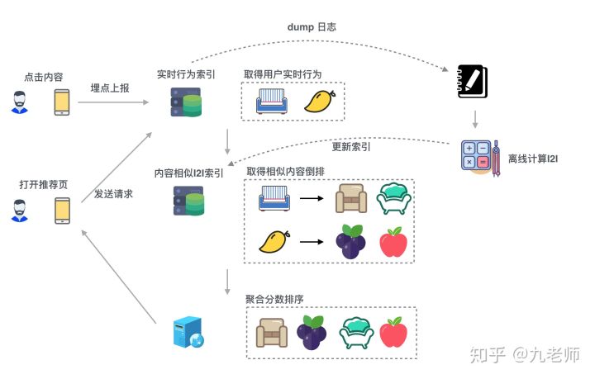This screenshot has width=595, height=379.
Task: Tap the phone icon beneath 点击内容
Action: [x=62, y=102]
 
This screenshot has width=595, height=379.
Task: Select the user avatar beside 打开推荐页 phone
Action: [x=20, y=211]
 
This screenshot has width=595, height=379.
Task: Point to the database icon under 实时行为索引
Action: [x=186, y=102]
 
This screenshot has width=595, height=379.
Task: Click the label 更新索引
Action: [x=350, y=147]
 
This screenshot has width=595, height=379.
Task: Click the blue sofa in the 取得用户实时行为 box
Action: [x=273, y=101]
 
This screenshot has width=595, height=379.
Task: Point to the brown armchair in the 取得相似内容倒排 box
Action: [x=351, y=198]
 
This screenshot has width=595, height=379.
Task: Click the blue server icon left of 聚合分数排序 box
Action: [x=186, y=332]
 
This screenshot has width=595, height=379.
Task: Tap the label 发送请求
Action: [x=113, y=193]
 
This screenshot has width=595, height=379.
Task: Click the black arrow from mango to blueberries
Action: [x=311, y=242]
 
